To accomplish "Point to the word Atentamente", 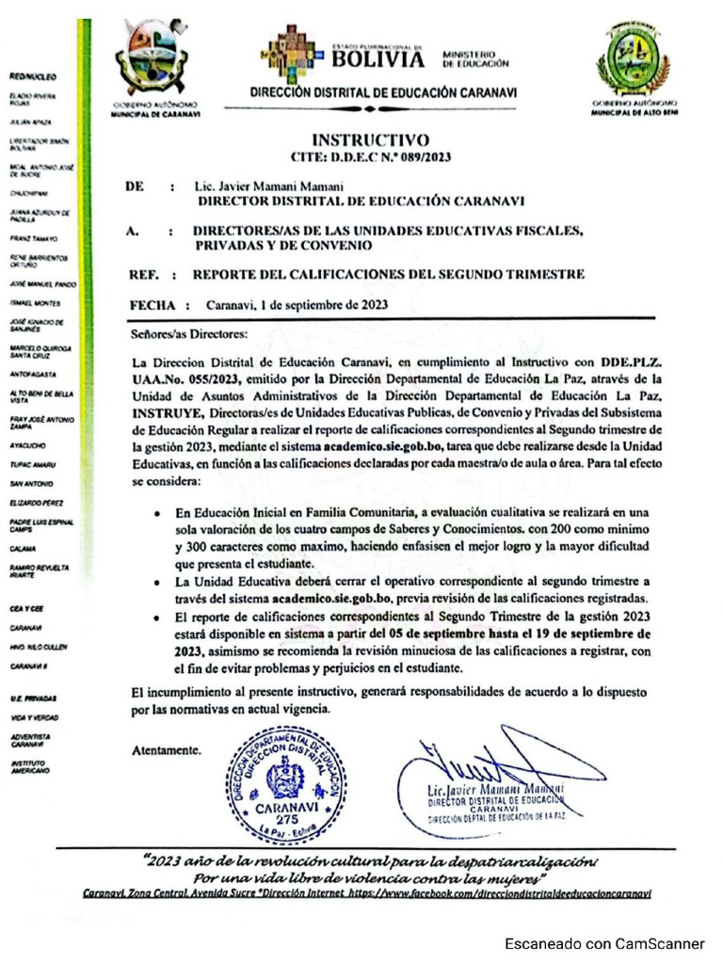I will coord(167,750).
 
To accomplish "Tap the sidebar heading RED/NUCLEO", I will coord(33,75).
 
